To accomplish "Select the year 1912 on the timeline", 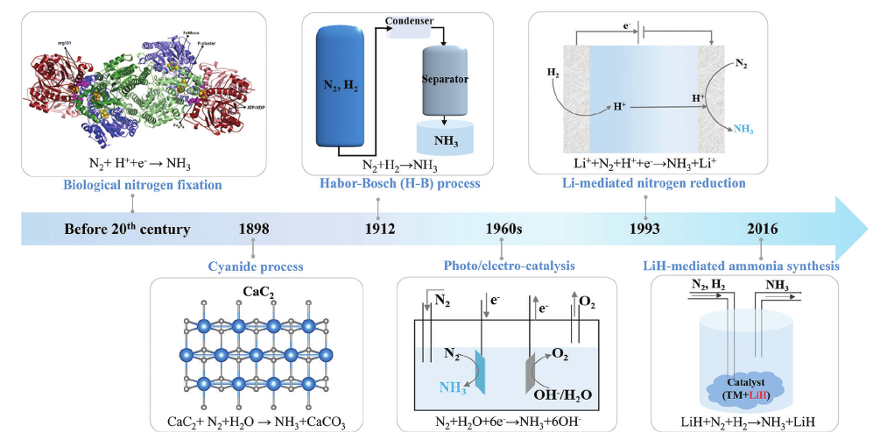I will [379, 230].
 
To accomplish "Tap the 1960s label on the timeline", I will [503, 230].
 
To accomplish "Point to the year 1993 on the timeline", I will [645, 230].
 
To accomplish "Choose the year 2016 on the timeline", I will [763, 230].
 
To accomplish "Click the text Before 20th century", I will [127, 230].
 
